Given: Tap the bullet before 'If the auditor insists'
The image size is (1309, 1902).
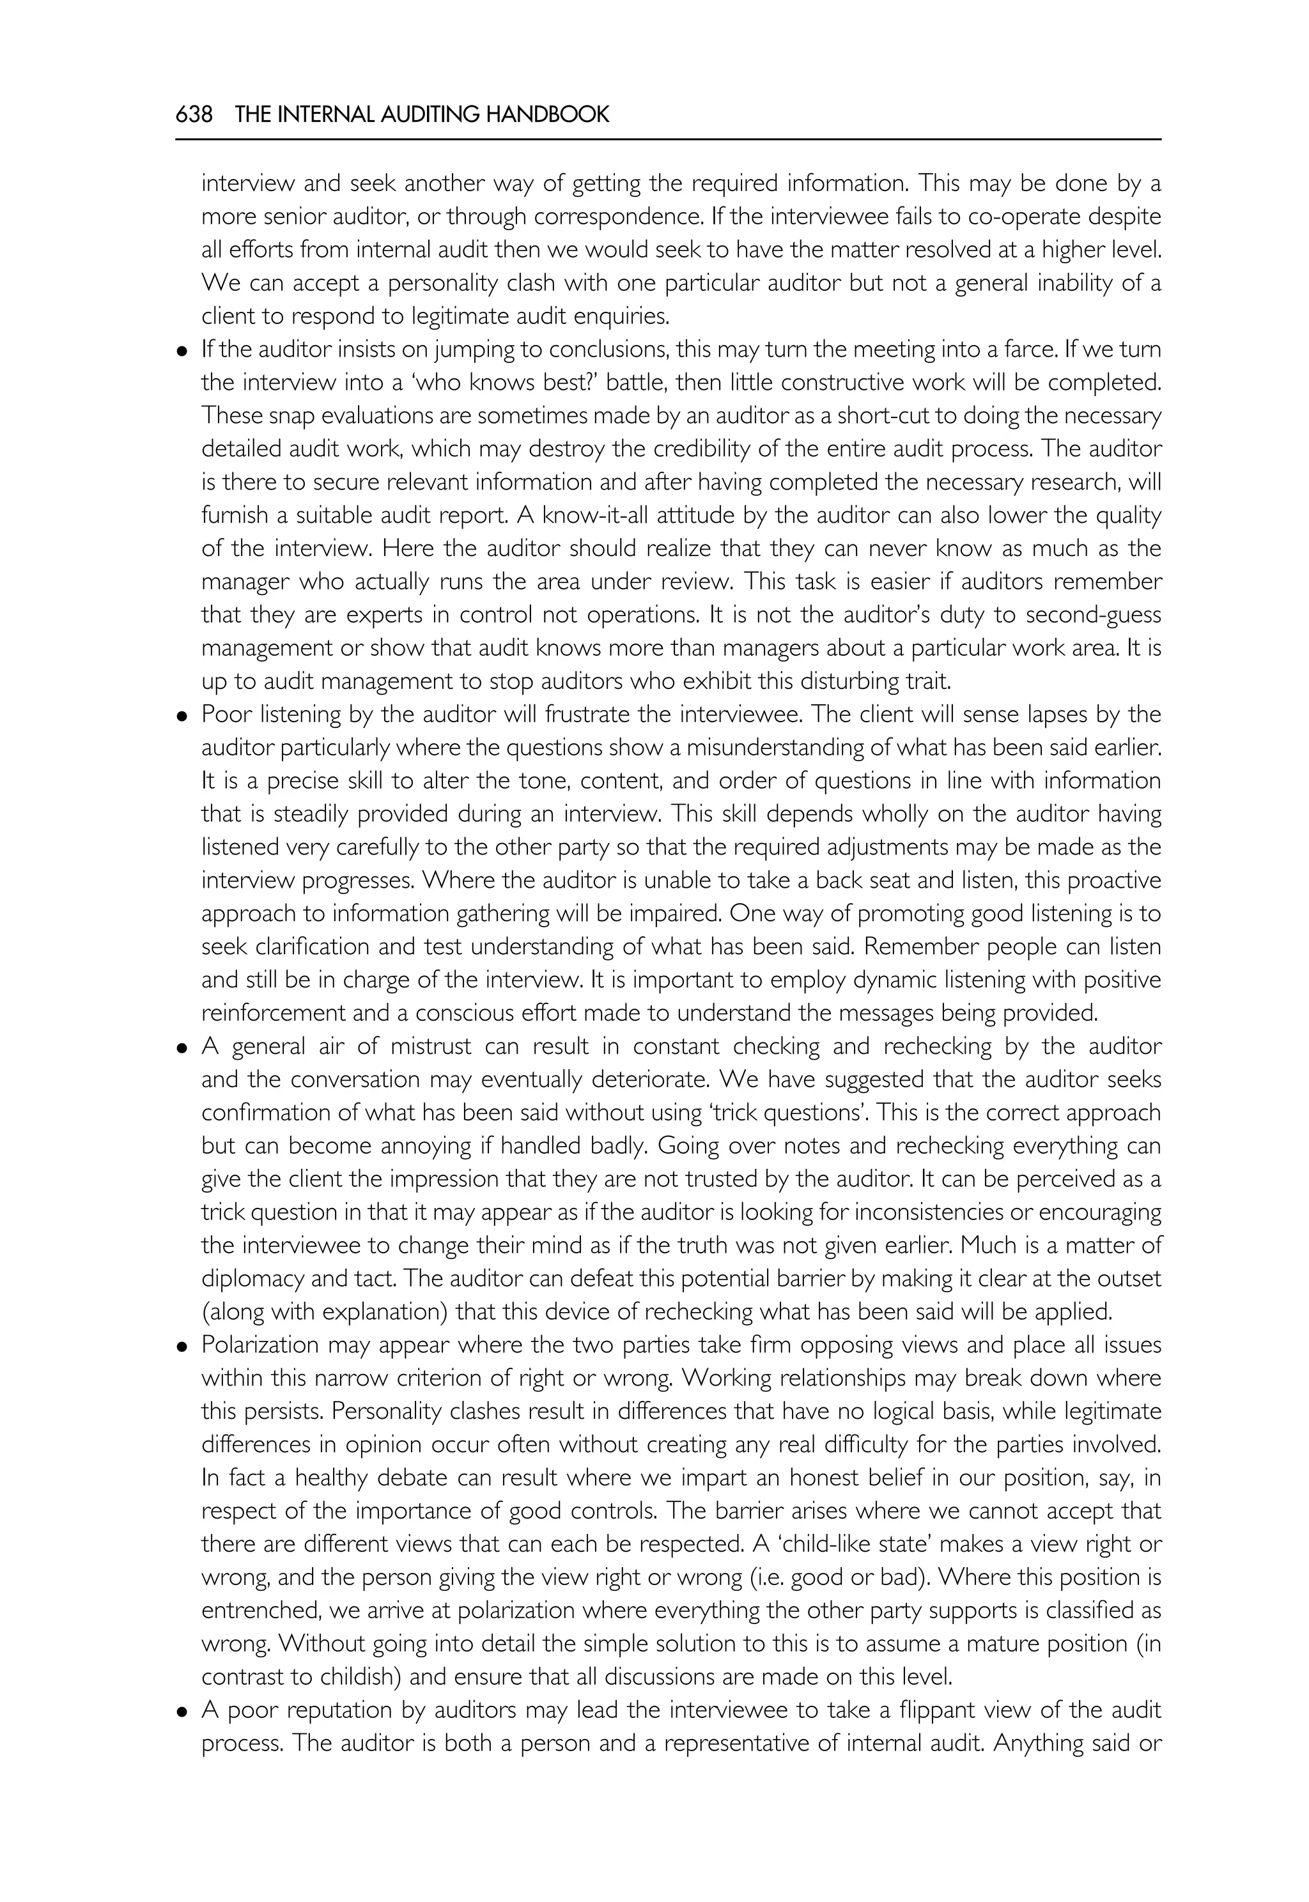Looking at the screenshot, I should [x=182, y=351].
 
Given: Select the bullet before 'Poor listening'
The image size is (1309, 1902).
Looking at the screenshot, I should [x=182, y=715].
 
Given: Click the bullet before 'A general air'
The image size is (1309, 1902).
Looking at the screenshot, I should [x=182, y=1048].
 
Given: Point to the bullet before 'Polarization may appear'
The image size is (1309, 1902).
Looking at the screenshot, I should [x=182, y=1346].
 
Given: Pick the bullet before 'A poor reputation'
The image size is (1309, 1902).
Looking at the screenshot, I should [x=182, y=1711].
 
